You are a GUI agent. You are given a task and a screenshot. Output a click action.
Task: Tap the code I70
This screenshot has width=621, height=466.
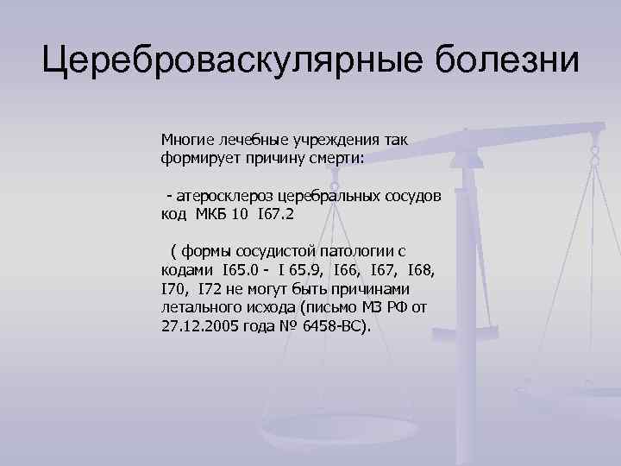click(x=174, y=289)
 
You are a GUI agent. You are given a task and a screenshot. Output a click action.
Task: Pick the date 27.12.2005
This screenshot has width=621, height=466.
click(x=195, y=327)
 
